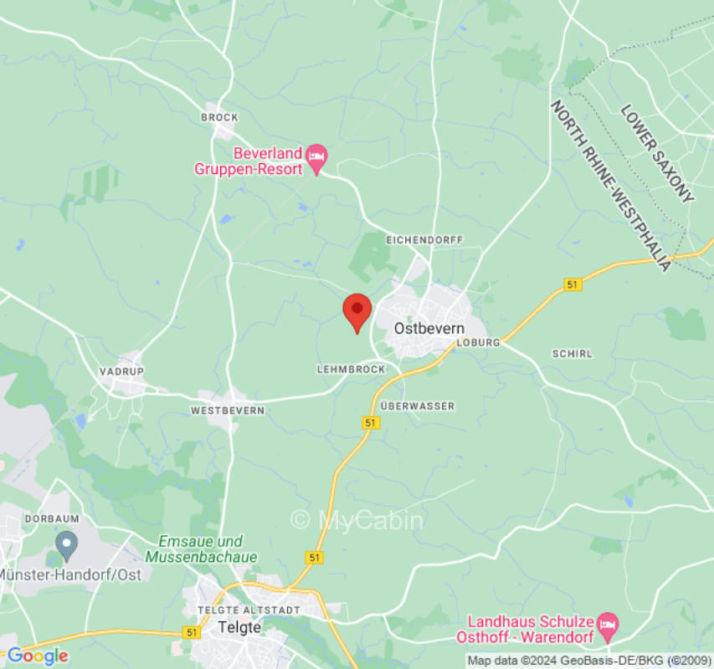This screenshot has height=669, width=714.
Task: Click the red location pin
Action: click(357, 311)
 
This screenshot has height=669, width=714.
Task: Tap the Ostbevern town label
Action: click(429, 329)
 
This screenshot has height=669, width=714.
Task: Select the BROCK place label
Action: click(219, 118)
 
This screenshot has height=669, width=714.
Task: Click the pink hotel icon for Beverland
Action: click(316, 156)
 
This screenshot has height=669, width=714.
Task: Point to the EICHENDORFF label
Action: click(424, 240)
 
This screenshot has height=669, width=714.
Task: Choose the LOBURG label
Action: click(479, 343)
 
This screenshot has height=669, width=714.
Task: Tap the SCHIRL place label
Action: click(573, 354)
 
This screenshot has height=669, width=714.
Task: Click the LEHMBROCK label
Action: click(351, 369)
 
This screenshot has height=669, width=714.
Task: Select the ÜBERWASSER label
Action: click(417, 406)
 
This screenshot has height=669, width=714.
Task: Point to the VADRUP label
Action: click(121, 370)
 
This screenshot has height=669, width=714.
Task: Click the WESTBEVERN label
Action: click(228, 411)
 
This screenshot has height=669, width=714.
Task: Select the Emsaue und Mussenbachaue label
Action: click(201, 549)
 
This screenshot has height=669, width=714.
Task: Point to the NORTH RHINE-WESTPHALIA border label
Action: click(610, 186)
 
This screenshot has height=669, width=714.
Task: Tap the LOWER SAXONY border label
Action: click(657, 154)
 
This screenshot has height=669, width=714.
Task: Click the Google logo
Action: click(37, 656)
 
